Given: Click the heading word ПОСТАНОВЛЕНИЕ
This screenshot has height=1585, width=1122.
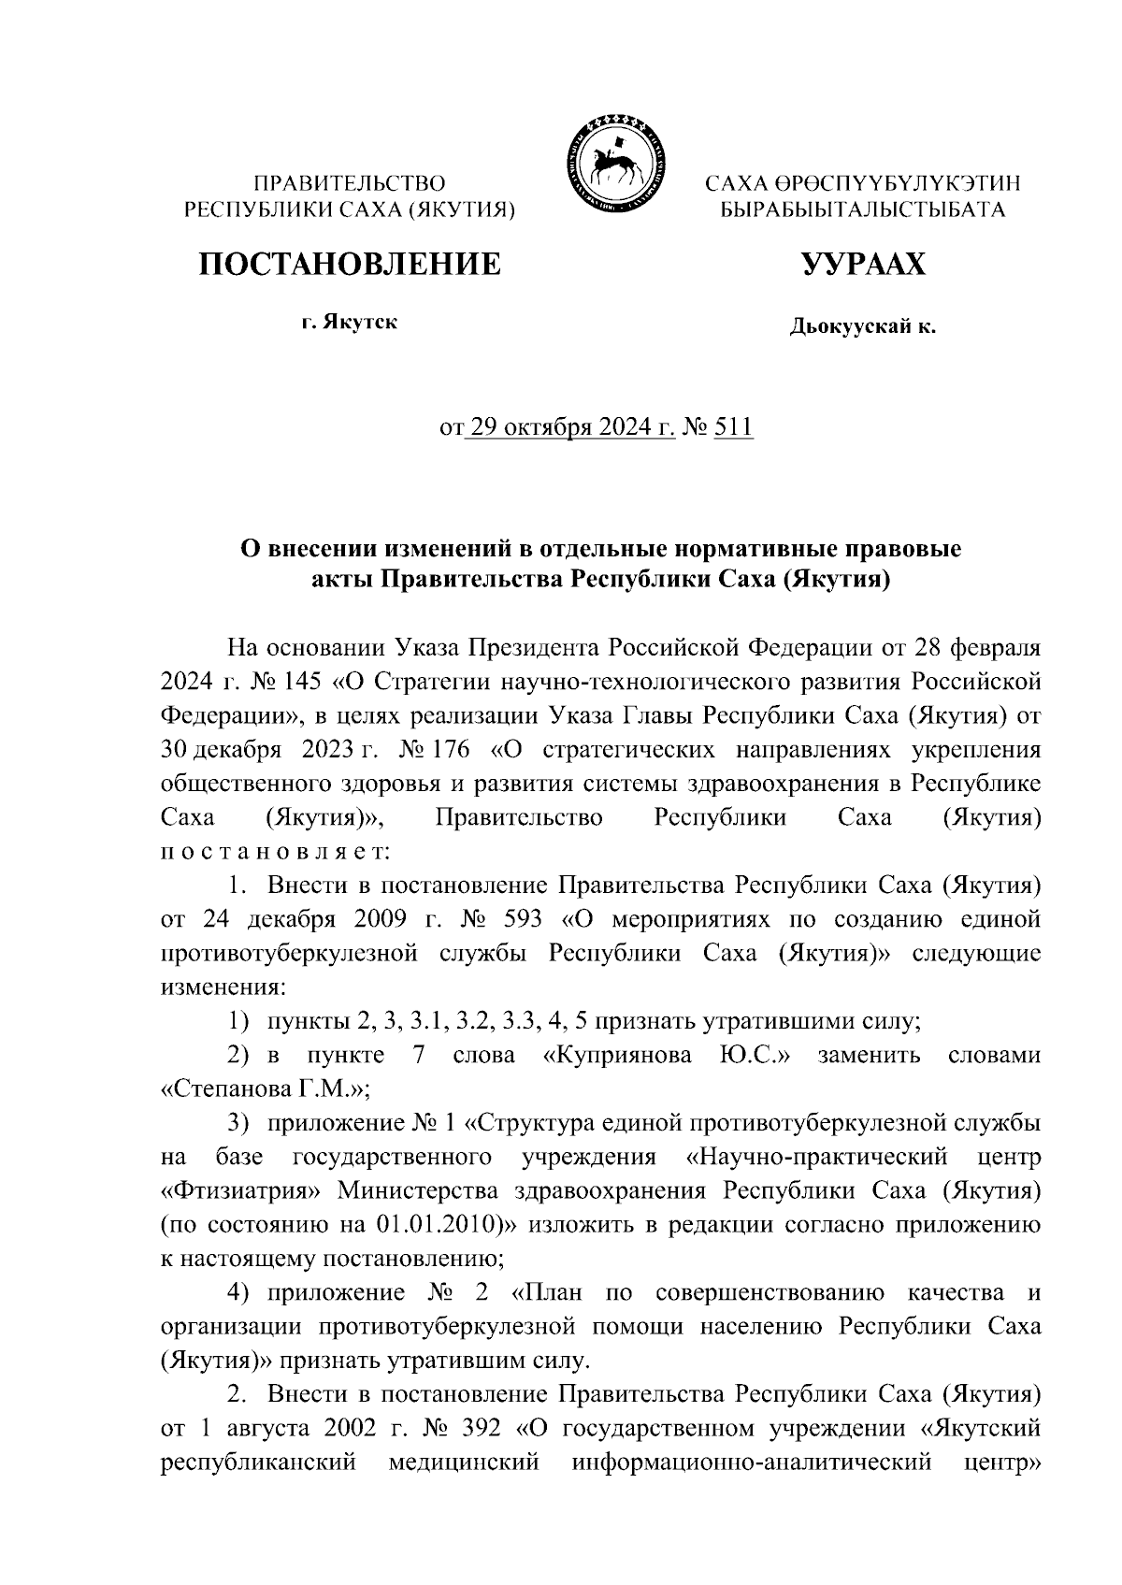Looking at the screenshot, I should (x=349, y=265).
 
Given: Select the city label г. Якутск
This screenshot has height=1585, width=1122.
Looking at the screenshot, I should (x=349, y=324).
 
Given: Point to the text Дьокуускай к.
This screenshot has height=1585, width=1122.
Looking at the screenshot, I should (x=863, y=327).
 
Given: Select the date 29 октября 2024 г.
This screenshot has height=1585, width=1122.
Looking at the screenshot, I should (x=570, y=428).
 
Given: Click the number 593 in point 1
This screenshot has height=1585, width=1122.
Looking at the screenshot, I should (x=522, y=919).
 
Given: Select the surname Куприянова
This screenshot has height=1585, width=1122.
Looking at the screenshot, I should (x=618, y=1056).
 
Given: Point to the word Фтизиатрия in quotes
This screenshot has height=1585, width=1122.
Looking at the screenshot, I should (x=242, y=1191).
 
